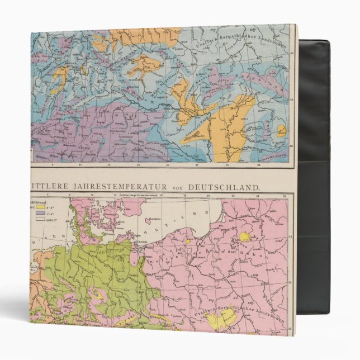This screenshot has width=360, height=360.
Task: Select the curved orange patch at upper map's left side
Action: tap(60, 75)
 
